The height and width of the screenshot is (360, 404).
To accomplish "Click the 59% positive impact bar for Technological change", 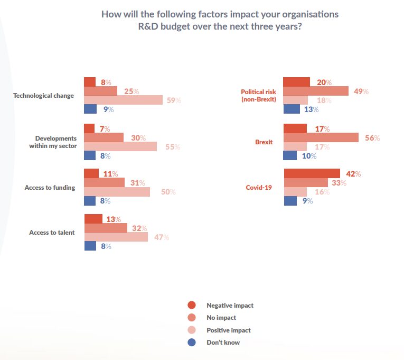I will [x=123, y=100].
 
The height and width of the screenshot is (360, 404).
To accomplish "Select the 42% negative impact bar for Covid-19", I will [x=312, y=173].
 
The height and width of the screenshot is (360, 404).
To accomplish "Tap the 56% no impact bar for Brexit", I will [x=321, y=137].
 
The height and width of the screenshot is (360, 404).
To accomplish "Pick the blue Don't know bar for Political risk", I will [x=292, y=109].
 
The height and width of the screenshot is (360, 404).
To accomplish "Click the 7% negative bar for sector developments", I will [x=89, y=128].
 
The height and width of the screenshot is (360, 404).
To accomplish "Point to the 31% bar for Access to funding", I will [x=104, y=182].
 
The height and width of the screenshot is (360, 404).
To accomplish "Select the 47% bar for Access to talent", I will [x=116, y=237].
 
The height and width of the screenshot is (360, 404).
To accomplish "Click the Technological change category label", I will [x=43, y=96].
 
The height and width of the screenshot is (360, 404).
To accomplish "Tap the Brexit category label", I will [x=264, y=142].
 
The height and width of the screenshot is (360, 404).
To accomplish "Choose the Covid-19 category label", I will [x=259, y=187].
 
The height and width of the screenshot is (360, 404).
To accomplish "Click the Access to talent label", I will [x=52, y=232].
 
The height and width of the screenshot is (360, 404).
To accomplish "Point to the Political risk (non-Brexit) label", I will [x=258, y=96].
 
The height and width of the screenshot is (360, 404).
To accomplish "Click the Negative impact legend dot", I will [x=192, y=305].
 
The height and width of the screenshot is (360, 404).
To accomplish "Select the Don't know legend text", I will [x=223, y=343].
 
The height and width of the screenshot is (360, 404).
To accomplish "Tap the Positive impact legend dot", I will [x=192, y=330].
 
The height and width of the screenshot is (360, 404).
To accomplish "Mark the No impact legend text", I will [x=221, y=318].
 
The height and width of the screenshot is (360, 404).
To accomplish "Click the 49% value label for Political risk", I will [x=361, y=91].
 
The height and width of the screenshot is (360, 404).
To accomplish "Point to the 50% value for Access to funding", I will [x=168, y=192].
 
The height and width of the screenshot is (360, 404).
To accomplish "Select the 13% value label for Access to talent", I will [x=114, y=219].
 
